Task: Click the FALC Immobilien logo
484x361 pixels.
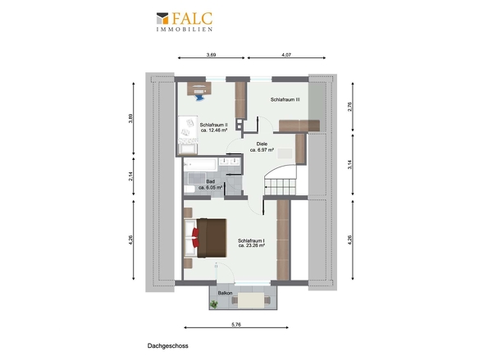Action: point(185,21)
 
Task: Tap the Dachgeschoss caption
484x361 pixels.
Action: point(167,346)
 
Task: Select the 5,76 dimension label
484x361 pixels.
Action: point(236,325)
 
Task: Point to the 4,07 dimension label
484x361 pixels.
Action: point(286,55)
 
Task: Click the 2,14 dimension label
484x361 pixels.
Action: point(130,176)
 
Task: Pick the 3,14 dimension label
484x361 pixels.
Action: point(349,165)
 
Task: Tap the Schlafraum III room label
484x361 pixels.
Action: point(285,100)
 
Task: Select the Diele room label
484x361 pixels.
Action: point(262,144)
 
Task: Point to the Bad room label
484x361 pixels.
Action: point(211,182)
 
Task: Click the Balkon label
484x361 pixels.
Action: point(225,293)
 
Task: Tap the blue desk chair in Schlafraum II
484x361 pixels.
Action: point(199,98)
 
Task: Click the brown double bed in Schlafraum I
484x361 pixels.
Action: point(205,238)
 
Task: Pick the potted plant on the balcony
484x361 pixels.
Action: point(213,304)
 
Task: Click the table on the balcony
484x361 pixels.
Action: point(251,300)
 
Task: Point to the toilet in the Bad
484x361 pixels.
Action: point(189,189)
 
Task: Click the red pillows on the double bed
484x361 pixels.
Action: point(195,238)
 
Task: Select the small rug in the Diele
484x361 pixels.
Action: point(285,153)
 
